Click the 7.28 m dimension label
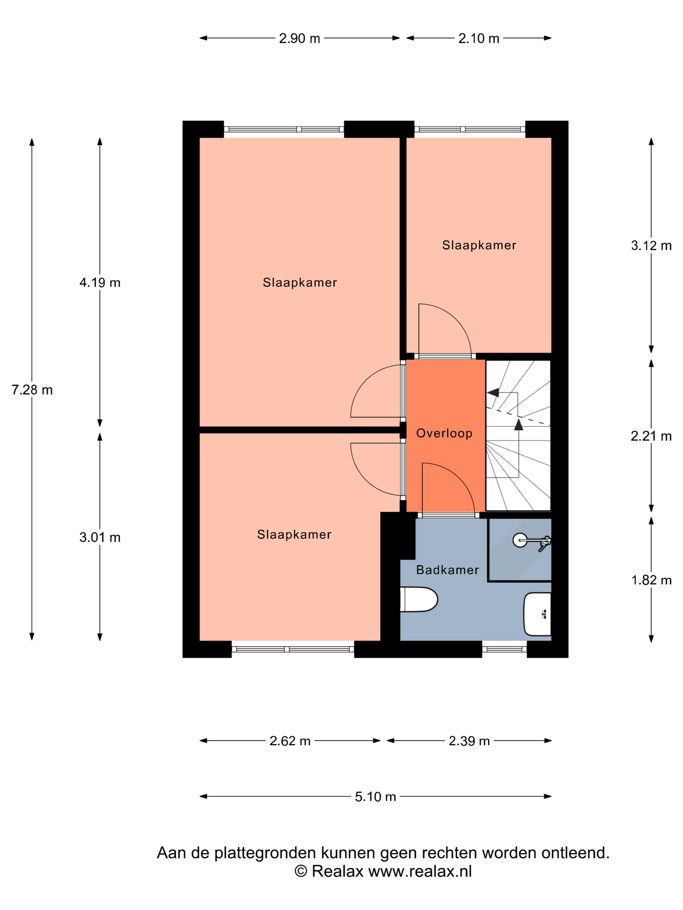point(32,390)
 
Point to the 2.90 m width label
point(299,38)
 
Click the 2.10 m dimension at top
point(479,38)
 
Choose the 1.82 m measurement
point(651,580)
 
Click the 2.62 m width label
point(290,741)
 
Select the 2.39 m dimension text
point(469,741)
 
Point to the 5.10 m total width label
point(375,797)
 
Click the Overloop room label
point(444,433)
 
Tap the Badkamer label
point(448,570)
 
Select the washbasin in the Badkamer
point(537,614)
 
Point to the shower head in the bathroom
point(520,540)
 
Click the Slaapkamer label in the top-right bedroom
point(479,245)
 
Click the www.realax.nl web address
point(420,871)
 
